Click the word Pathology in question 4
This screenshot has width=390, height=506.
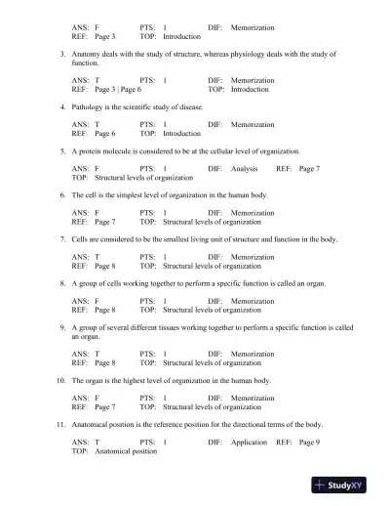[x=89, y=106]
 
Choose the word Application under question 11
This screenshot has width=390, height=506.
[x=250, y=443]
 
